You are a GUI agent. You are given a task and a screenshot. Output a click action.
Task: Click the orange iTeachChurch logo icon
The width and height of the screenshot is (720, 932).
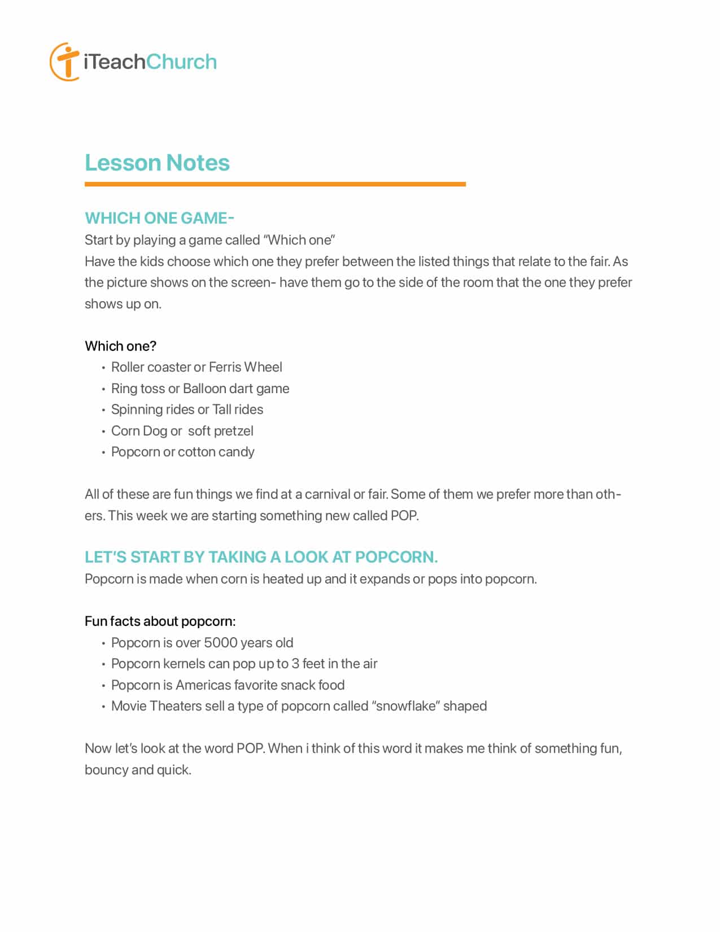pos(64,62)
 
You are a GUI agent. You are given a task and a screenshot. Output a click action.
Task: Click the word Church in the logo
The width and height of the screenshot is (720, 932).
pos(181,62)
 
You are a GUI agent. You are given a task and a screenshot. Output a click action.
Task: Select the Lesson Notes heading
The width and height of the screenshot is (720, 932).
pos(157,163)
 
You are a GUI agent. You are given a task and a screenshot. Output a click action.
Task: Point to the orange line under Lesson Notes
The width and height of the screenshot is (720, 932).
pos(275,184)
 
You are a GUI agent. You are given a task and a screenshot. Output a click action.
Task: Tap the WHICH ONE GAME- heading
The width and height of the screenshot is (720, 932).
pos(159,218)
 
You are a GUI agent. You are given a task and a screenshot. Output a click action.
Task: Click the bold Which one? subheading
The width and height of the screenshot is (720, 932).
pos(120,346)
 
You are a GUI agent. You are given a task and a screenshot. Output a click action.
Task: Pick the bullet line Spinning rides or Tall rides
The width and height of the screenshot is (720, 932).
pos(187,410)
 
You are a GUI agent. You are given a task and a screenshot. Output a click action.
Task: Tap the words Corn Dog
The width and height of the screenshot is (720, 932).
pos(139,431)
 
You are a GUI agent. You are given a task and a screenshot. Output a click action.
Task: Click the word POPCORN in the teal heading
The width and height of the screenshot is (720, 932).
pos(396,557)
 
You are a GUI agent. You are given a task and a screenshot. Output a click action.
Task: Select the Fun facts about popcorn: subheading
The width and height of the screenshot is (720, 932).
pos(160,621)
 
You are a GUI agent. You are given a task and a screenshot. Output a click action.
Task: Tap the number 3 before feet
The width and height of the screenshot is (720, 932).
pos(295,664)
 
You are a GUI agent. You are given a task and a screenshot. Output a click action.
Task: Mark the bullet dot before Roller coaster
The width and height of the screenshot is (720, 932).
pos(103,368)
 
